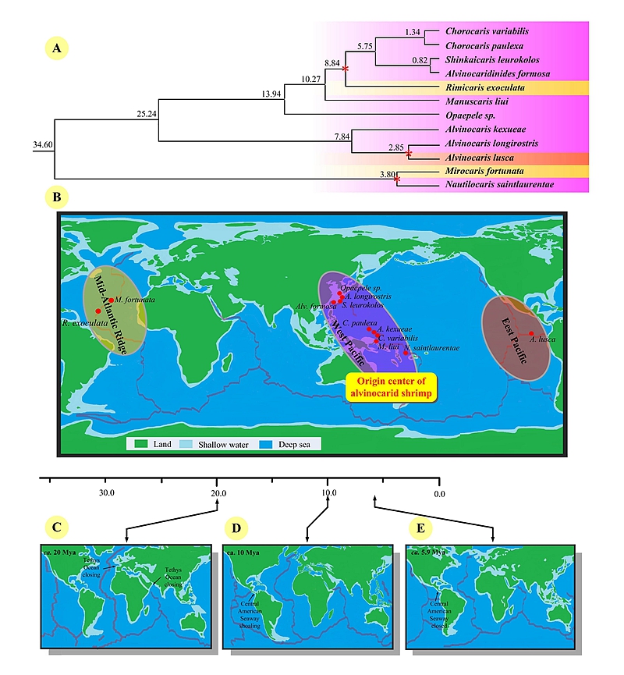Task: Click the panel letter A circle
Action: point(56,49)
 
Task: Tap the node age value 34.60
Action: point(42,145)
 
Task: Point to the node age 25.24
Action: point(146,113)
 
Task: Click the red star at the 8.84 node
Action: point(345,69)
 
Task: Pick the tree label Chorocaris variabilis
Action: point(487,31)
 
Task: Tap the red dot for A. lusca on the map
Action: point(531,334)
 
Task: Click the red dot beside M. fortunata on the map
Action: point(112,300)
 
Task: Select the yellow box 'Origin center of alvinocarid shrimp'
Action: point(391,387)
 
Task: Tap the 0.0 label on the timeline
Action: point(439,493)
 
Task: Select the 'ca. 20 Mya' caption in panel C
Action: point(63,552)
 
